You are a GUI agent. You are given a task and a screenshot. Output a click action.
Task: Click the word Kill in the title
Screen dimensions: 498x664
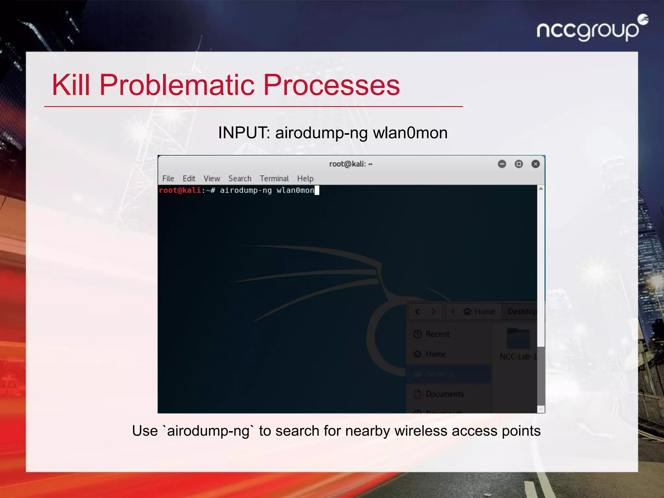point(71,85)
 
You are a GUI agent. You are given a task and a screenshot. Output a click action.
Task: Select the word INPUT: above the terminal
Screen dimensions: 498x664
point(244,133)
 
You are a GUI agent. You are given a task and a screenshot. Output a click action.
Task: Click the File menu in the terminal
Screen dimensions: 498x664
point(168,179)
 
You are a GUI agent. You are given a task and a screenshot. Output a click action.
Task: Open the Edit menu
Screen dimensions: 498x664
point(189,179)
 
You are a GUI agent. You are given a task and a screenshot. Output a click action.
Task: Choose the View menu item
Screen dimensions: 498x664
point(212,179)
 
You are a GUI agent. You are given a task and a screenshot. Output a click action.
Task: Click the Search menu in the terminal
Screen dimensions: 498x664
point(240,179)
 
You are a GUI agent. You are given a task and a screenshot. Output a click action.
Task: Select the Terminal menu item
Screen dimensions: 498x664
point(274,179)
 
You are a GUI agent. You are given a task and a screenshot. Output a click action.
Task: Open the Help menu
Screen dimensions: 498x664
point(305,179)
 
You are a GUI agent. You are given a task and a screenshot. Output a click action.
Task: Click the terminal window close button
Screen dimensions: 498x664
point(536,164)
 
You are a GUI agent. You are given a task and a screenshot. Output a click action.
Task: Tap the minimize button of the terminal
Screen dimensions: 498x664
point(502,164)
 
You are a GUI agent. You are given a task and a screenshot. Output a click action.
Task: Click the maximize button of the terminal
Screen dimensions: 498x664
point(519,164)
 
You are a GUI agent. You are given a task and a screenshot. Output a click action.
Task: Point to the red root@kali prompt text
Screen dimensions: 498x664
point(180,190)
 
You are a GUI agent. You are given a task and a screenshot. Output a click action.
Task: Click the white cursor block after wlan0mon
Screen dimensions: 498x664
point(317,190)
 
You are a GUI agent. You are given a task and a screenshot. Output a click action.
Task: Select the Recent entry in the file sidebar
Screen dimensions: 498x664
point(437,334)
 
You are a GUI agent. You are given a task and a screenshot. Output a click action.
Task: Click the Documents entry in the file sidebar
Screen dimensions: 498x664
point(444,394)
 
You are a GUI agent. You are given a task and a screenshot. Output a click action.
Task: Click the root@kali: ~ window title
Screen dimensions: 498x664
point(350,164)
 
